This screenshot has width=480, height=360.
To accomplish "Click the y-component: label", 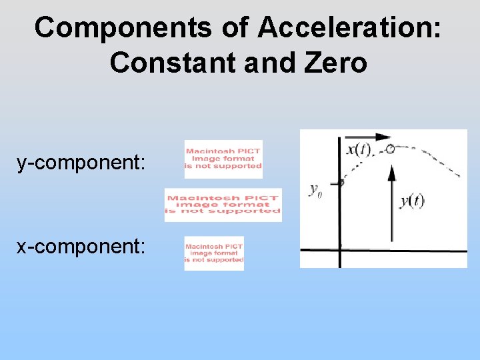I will tap(81, 162).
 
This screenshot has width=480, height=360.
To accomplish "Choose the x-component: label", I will tap(81, 246).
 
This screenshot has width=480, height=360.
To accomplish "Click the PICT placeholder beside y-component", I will tap(223, 159).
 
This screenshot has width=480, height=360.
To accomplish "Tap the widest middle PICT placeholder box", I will tap(223, 205).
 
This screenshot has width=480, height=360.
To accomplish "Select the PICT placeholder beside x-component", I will tap(214, 253).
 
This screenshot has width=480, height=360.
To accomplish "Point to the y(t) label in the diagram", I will tap(411, 201).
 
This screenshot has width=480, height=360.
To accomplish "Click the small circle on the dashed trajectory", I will tap(390, 149).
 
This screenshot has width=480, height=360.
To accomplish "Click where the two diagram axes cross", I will tap(340, 250).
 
